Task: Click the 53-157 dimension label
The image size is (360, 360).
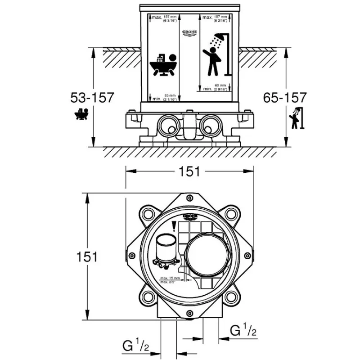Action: click(x=92, y=97)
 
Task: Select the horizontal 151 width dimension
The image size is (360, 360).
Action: click(x=189, y=171)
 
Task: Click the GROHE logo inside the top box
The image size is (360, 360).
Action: click(x=189, y=34)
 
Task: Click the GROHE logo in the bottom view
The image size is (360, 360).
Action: click(x=190, y=218)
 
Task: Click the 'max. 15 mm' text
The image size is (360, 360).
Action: click(x=171, y=279)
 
